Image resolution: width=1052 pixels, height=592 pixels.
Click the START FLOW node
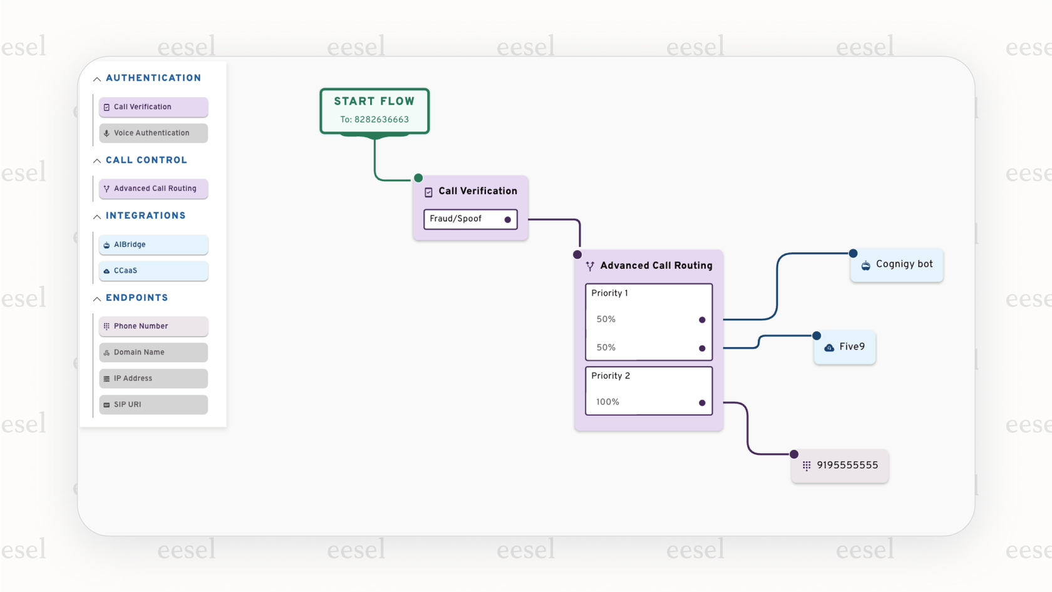[x=374, y=110]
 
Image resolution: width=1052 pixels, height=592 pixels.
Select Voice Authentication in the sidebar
[x=153, y=133]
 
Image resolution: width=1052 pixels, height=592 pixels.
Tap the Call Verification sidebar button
[x=153, y=107]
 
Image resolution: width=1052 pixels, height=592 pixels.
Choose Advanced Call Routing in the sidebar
[x=153, y=189]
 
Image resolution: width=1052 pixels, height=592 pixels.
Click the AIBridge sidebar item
[x=153, y=244]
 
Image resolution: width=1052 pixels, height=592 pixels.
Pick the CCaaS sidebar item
[x=153, y=271]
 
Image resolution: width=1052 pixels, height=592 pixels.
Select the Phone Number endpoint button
[x=153, y=326]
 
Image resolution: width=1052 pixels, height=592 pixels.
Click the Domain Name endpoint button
[x=153, y=353]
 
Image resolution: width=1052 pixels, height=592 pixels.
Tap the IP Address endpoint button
[x=153, y=378]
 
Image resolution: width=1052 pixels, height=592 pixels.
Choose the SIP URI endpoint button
[x=153, y=405]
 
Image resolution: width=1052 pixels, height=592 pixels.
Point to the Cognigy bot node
[x=897, y=265]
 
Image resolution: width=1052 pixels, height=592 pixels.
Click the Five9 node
[x=845, y=347]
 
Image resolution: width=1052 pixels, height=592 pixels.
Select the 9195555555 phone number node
[x=840, y=465]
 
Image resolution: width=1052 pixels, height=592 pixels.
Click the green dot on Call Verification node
[x=418, y=178]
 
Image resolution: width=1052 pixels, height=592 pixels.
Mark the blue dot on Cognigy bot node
[x=853, y=253]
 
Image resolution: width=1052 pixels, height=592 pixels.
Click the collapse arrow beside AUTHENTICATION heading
[x=97, y=79]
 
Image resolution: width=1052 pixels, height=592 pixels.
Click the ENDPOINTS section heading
[x=137, y=298]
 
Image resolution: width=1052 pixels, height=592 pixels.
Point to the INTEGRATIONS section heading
[x=145, y=216]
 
